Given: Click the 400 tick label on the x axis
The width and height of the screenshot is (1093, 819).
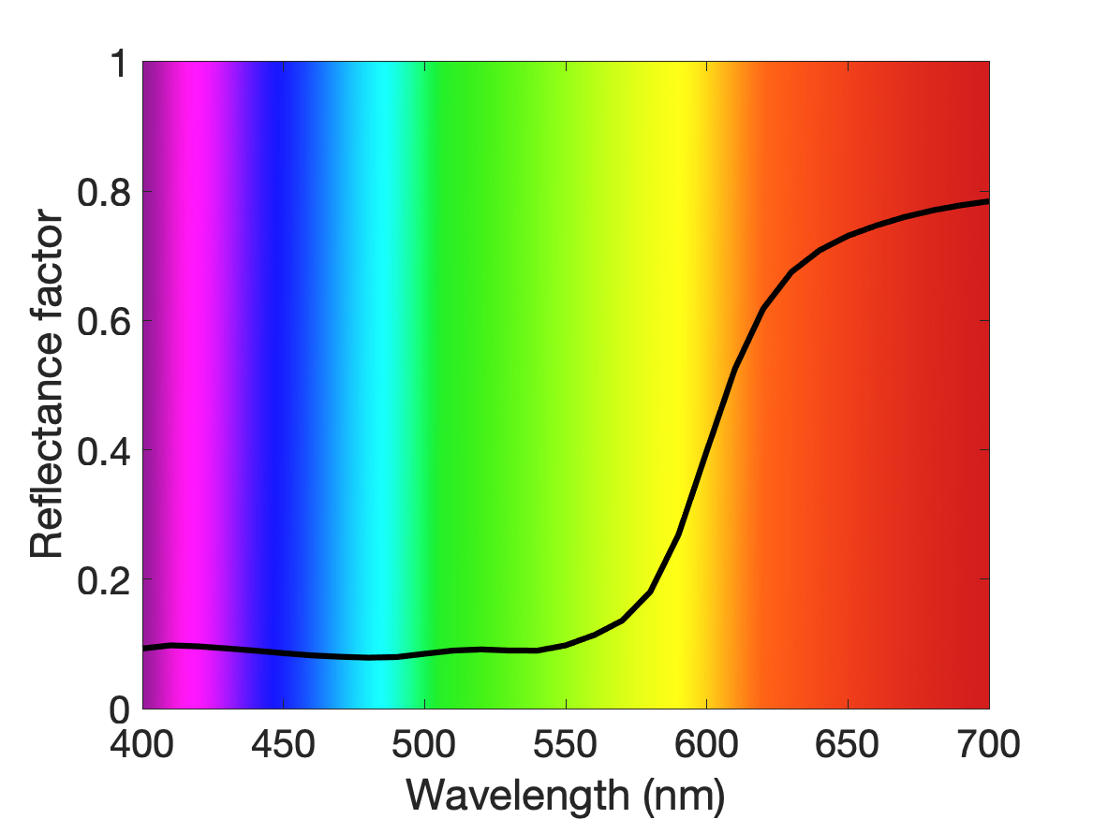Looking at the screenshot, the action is point(141,744).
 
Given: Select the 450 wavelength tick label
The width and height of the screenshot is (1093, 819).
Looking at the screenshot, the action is point(283,744).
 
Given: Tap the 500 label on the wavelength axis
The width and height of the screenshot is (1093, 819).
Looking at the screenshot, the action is point(424,744).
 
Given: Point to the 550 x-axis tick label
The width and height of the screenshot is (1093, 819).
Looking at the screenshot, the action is point(566,744).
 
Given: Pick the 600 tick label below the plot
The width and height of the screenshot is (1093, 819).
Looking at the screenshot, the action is point(706,744).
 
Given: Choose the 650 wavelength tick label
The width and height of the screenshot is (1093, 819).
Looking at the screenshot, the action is point(847,744).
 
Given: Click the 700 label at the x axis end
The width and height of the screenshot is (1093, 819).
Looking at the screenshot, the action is point(988,744).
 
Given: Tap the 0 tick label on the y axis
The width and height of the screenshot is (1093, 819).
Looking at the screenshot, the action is point(120,709).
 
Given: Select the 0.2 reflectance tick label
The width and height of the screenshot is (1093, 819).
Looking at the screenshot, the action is point(104,580).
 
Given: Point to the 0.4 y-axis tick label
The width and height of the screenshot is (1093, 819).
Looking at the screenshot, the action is point(104,450).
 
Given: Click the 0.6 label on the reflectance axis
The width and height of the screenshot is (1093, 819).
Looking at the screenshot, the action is point(104,321).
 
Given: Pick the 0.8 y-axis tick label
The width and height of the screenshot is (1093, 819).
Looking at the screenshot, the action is point(104,192).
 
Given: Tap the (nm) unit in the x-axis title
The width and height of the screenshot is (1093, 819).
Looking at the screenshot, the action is point(684,796).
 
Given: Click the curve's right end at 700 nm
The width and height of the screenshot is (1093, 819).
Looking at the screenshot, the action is point(987,201).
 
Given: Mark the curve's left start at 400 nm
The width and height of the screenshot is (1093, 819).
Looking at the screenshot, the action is point(144,649).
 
